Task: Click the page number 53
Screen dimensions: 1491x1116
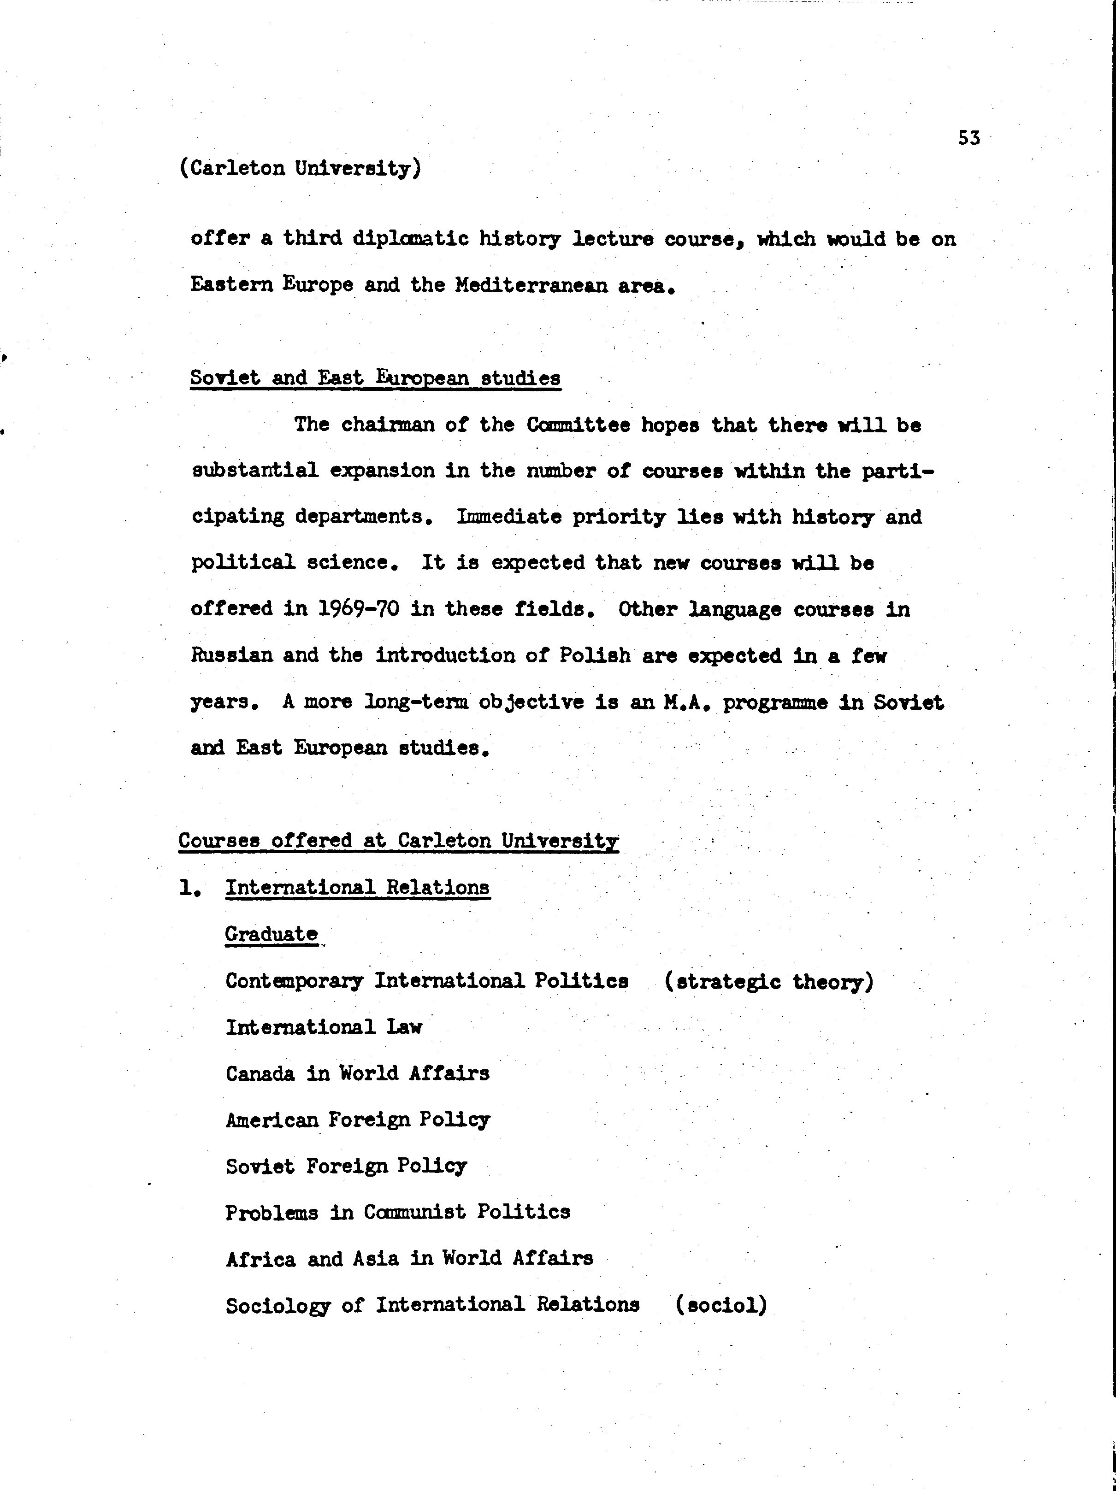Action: click(968, 138)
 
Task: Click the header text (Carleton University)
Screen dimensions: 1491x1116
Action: click(300, 168)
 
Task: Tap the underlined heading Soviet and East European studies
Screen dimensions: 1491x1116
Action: click(375, 377)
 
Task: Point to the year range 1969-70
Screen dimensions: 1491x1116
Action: click(358, 609)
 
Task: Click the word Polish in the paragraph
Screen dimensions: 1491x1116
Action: click(595, 655)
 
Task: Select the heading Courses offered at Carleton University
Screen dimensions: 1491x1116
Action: click(398, 841)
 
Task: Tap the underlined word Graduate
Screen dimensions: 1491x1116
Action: click(271, 934)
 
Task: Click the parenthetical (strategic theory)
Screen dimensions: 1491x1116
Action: click(769, 981)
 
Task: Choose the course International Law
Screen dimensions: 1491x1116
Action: click(324, 1027)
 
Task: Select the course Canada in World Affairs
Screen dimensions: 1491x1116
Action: click(357, 1073)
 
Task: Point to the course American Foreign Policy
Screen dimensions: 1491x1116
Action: click(357, 1120)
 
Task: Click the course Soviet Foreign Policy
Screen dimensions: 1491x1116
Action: click(346, 1166)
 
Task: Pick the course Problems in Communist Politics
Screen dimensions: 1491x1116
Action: click(398, 1212)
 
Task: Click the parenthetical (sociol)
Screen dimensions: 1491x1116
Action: click(721, 1305)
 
